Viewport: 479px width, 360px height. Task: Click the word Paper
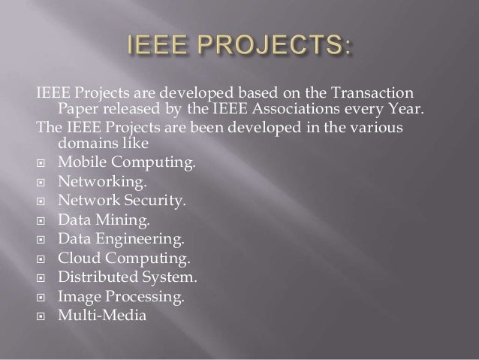tap(76, 112)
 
